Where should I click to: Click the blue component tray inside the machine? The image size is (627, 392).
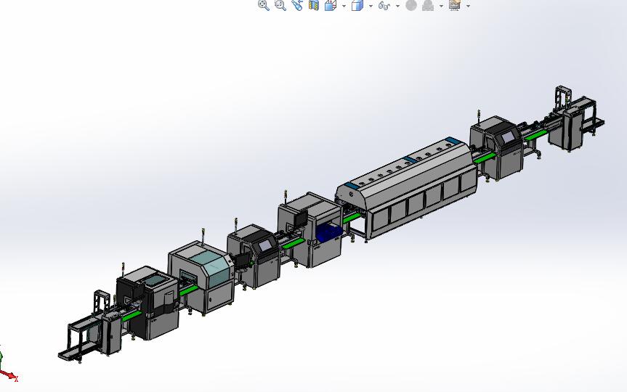click(328, 233)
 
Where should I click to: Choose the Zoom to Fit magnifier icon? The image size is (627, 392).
click(264, 5)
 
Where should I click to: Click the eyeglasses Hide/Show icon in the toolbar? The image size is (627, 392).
click(384, 5)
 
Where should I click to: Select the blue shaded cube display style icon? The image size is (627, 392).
click(357, 5)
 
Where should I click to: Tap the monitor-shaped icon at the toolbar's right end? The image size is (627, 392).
click(455, 5)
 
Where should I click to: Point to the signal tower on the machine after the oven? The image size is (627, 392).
click(478, 114)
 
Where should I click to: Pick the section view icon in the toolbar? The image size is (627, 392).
click(314, 5)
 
